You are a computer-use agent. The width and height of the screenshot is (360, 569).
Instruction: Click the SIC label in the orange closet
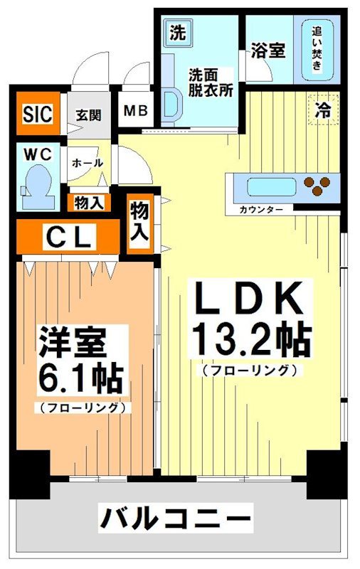37,114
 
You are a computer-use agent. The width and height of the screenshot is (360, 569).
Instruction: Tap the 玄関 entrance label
89,115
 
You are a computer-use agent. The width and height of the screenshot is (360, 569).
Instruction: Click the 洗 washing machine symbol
176,33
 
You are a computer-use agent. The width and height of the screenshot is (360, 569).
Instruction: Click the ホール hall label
88,163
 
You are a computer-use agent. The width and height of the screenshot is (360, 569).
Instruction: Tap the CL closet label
68,238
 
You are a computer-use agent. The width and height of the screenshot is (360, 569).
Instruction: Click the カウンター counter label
261,210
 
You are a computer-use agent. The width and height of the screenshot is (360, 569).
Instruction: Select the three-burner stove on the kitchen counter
318,186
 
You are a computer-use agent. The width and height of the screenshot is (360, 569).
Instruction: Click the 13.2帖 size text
249,341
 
